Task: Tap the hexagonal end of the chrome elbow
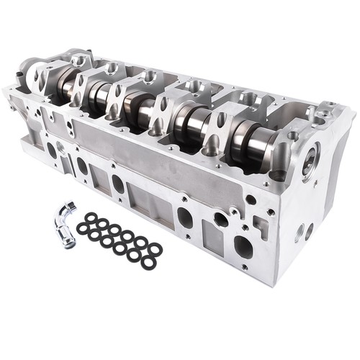[69, 209]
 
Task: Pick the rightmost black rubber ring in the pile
[155, 249]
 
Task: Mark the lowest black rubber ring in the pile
[148, 263]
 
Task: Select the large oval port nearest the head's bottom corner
[243, 247]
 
